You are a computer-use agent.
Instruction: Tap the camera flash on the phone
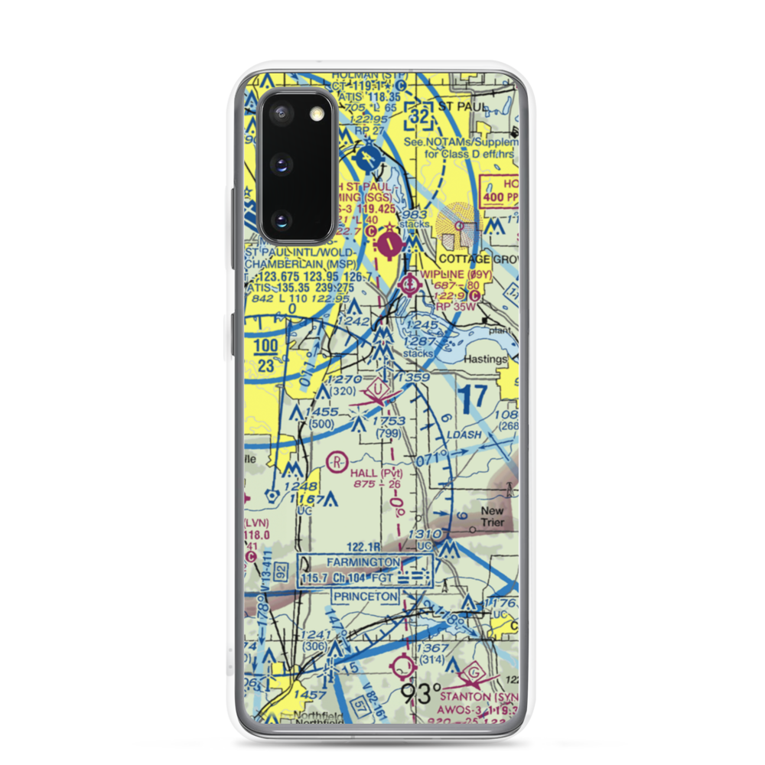pyautogui.click(x=314, y=114)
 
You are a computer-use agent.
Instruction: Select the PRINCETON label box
pyautogui.click(x=365, y=596)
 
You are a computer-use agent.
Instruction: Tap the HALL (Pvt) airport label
pyautogui.click(x=376, y=473)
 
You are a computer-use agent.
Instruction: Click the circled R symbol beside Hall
pyautogui.click(x=336, y=461)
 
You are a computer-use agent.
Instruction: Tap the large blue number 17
pyautogui.click(x=474, y=396)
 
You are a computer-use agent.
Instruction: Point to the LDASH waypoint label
pyautogui.click(x=466, y=435)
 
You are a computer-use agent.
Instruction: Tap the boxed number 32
pyautogui.click(x=419, y=116)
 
